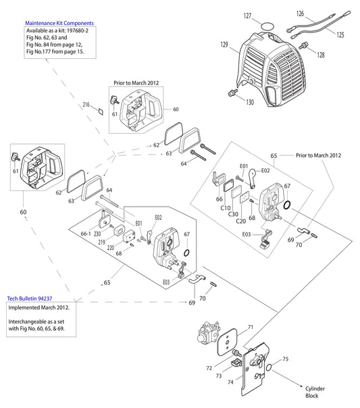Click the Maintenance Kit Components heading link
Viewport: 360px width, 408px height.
[59, 23]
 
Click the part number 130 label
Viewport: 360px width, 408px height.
[250, 103]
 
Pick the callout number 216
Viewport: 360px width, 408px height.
[86, 105]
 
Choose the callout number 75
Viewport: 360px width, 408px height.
[285, 359]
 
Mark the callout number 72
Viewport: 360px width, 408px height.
[209, 369]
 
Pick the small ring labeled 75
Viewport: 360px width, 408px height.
[269, 368]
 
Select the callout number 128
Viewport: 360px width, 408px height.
[320, 54]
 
